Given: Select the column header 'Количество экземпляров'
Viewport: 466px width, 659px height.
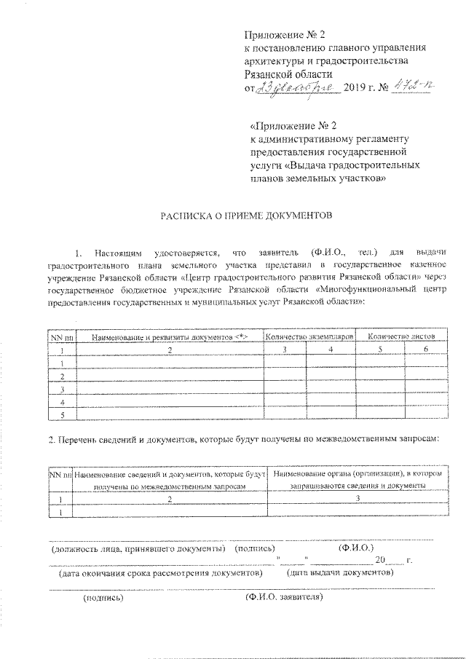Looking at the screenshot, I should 309,336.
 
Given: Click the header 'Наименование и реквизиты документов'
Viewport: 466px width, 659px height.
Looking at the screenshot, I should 170,336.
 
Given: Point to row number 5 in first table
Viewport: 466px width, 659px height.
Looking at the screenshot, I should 63,415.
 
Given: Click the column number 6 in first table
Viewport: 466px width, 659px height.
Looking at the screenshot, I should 425,350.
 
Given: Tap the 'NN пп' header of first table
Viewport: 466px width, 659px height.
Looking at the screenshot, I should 62,336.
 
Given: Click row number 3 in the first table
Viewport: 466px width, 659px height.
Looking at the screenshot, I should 63,390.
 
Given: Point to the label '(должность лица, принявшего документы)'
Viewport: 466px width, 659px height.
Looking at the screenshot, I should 137,548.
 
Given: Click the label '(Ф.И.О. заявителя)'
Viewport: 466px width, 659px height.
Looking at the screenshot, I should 283,598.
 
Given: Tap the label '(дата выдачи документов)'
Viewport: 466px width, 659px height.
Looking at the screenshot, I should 341,572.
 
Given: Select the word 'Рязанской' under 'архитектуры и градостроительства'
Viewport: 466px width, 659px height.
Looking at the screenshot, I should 270,74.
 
